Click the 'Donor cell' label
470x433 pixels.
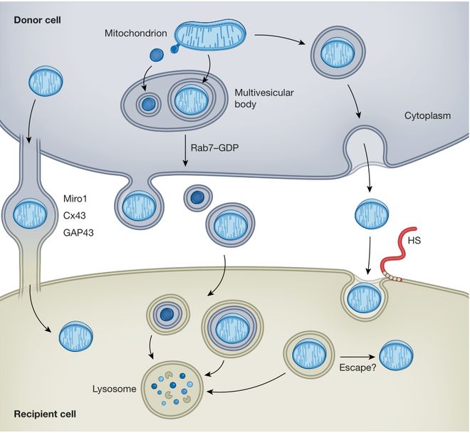point(37,20)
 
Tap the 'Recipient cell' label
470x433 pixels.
point(45,414)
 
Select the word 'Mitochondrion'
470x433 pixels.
point(136,33)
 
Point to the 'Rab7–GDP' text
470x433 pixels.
point(215,147)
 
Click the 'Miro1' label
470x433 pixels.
point(75,199)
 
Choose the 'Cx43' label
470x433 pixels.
point(75,215)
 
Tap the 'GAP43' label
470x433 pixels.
point(78,232)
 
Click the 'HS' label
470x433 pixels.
point(414,240)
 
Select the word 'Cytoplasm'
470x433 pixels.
point(427,115)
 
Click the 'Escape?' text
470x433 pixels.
point(357,367)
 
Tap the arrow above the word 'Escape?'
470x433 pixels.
point(358,357)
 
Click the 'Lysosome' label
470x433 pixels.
point(114,389)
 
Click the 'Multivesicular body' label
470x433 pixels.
point(263,98)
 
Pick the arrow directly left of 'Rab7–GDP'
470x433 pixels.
point(186,150)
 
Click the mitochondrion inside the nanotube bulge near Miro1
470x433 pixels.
point(30,214)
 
